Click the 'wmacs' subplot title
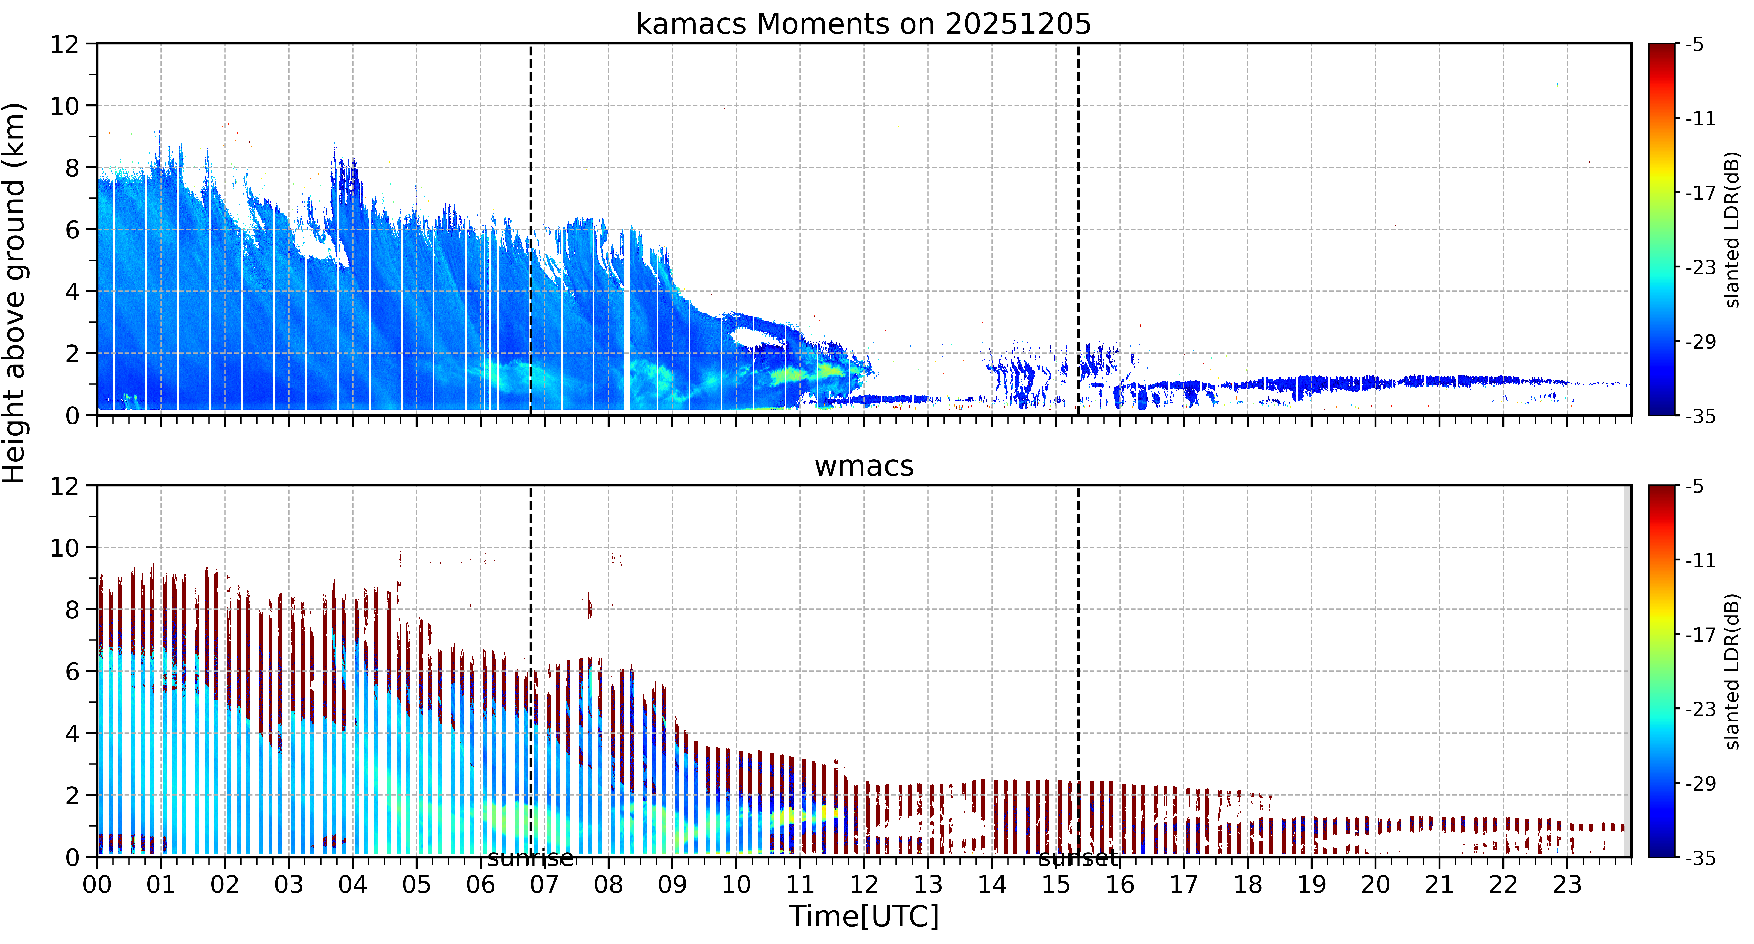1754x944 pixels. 864,466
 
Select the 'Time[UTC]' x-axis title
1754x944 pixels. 863,916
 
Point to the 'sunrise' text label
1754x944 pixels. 531,858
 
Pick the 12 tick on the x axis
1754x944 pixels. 864,885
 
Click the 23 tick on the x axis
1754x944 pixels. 1567,885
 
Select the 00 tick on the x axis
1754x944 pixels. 97,885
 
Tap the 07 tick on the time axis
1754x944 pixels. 545,885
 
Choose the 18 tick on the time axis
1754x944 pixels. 1247,885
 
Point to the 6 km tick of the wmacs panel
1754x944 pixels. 72,672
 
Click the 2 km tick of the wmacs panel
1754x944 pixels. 72,796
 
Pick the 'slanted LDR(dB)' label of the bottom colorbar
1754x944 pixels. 1733,672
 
